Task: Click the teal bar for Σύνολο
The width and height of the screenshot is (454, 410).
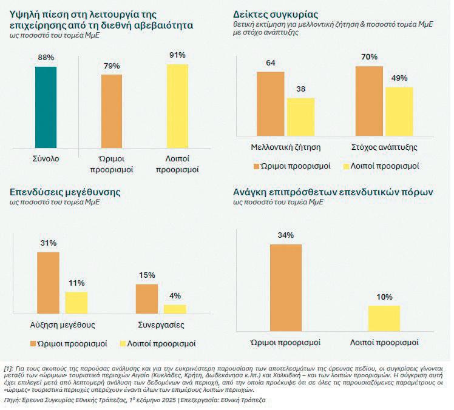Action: pos(46,106)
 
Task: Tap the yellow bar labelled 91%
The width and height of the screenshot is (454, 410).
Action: pos(178,104)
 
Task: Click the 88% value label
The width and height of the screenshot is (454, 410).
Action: pos(46,58)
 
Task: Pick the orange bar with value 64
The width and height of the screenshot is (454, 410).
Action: pos(271,102)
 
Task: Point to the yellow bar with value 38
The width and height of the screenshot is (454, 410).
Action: pos(301,115)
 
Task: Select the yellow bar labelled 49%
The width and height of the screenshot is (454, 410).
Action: pos(399,110)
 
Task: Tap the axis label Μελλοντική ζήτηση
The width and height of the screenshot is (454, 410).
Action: pos(286,147)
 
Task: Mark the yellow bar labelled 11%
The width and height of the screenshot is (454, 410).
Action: pos(76,301)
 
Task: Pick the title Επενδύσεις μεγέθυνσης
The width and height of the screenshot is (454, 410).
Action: pos(65,192)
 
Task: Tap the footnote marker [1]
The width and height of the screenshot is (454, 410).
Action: pos(8,368)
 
